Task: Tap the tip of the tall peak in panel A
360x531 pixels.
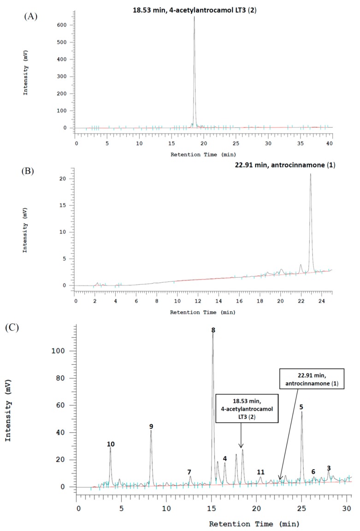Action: pyautogui.click(x=194, y=17)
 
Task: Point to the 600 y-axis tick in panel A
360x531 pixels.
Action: pyautogui.click(x=68, y=25)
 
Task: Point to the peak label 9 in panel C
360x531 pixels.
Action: pyautogui.click(x=151, y=426)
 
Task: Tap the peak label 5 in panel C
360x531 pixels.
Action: pyautogui.click(x=301, y=407)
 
